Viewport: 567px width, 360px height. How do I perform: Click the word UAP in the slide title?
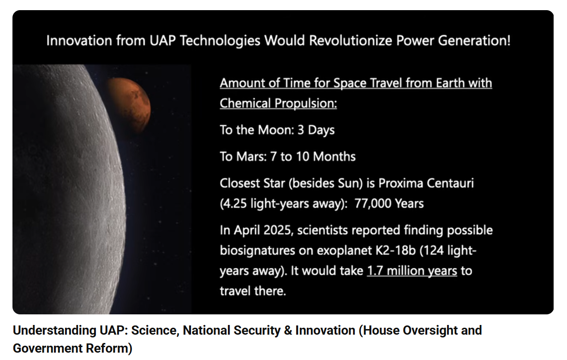point(162,41)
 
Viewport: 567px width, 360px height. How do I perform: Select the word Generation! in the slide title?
point(474,41)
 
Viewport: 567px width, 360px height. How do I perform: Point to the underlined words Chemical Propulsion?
point(278,103)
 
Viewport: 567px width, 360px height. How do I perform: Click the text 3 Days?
point(316,130)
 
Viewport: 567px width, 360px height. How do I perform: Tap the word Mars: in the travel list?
point(251,157)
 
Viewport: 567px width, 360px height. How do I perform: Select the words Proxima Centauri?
point(426,183)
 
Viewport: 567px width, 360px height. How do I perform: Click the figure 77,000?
point(373,203)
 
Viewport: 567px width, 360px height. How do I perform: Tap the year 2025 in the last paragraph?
point(277,230)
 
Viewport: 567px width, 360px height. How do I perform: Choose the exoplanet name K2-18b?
point(395,251)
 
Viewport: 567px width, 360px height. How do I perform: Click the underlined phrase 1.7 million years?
point(412,271)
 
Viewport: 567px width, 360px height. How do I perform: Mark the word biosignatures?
point(257,251)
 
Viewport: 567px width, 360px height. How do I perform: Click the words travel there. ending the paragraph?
point(253,291)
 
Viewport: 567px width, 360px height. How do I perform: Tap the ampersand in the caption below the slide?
point(288,330)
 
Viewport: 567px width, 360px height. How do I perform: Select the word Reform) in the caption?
point(109,348)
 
